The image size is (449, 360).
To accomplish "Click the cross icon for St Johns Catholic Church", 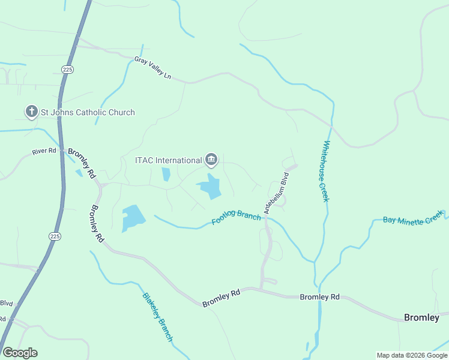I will click(x=31, y=112).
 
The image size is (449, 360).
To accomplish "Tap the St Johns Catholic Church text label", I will click(x=88, y=112).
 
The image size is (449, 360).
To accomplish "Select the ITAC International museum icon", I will click(x=211, y=160).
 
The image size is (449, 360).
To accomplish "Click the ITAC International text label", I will click(x=168, y=160).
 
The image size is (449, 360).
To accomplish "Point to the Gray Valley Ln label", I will click(x=152, y=68).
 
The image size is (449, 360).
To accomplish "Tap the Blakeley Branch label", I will click(x=157, y=317).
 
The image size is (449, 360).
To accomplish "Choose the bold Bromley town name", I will click(x=421, y=317).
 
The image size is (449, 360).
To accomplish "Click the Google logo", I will click(x=20, y=353).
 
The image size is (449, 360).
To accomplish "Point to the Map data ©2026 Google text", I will click(x=412, y=355).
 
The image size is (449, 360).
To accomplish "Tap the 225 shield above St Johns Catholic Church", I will click(x=67, y=70).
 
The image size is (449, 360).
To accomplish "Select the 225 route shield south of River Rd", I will click(x=55, y=236).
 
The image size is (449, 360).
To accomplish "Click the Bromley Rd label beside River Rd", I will click(x=82, y=163).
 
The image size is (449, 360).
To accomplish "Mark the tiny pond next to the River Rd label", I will click(x=79, y=173).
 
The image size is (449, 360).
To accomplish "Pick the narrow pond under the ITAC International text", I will click(x=166, y=175).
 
